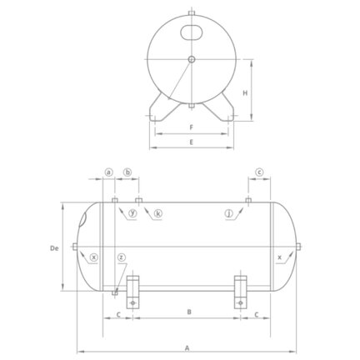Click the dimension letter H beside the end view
245,92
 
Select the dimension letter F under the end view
191,127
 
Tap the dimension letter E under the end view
191,142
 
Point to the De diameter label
54,248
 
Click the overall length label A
187,348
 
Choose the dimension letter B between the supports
189,312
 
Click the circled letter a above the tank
109,172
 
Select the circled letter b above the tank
127,172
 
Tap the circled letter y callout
133,213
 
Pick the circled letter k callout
157,213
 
